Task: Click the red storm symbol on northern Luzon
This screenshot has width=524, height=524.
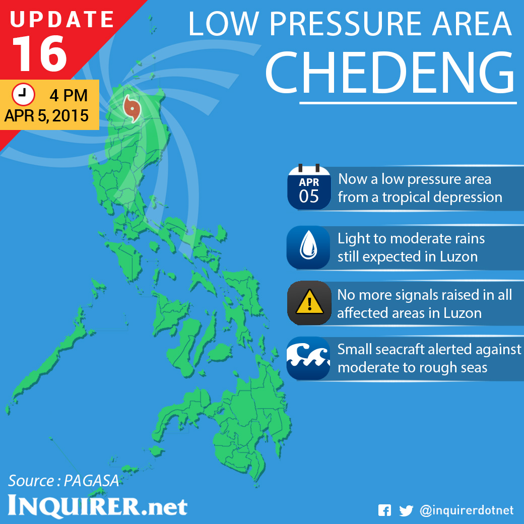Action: pos(132,108)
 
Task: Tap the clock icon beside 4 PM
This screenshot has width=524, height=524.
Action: pos(23,94)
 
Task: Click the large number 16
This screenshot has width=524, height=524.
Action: pos(40,53)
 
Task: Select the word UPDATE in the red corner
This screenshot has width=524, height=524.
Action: pos(62,19)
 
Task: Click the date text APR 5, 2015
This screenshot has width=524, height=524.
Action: pos(46,116)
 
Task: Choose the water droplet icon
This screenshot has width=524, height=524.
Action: pos(309,247)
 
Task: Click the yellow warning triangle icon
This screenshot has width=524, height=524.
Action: pos(309,303)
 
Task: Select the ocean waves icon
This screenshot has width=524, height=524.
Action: pos(309,358)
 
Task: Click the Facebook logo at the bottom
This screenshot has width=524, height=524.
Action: pos(384,510)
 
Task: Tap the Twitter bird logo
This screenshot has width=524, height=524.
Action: pos(406,510)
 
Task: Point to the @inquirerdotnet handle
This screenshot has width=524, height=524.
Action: pos(467,510)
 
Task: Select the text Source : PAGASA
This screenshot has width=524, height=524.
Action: pos(63,481)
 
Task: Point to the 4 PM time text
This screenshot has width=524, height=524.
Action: pos(69,95)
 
